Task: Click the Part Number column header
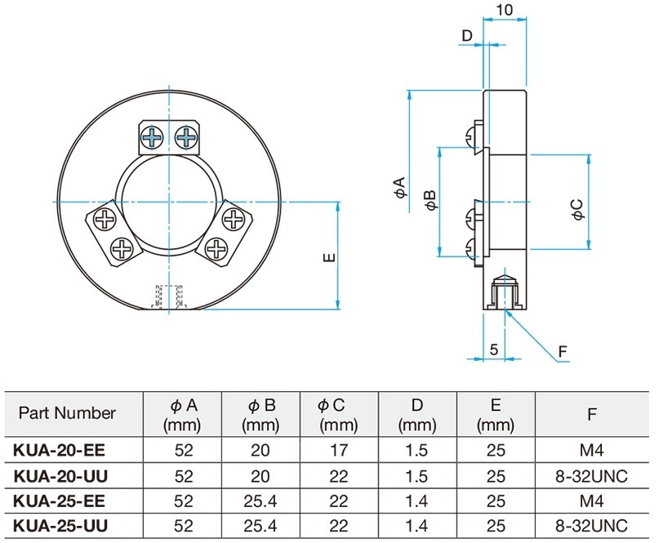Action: [67, 413]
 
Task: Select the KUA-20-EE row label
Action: [60, 450]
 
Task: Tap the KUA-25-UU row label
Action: [60, 526]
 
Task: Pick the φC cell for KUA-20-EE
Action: [339, 450]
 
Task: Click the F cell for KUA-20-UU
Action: [591, 476]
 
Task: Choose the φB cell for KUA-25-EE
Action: [260, 501]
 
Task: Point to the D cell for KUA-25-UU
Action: [417, 526]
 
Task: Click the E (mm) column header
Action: [496, 415]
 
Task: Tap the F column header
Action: [592, 415]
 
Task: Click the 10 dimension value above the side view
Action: [505, 9]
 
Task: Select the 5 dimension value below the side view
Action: [494, 349]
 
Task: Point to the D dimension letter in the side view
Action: [467, 36]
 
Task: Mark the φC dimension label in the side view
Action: [578, 209]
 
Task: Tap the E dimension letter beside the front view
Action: [330, 256]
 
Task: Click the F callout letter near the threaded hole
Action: [563, 351]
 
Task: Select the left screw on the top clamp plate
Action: [152, 136]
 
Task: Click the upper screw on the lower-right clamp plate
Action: [232, 219]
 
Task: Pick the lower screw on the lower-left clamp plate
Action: [122, 249]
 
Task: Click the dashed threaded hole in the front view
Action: [168, 296]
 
